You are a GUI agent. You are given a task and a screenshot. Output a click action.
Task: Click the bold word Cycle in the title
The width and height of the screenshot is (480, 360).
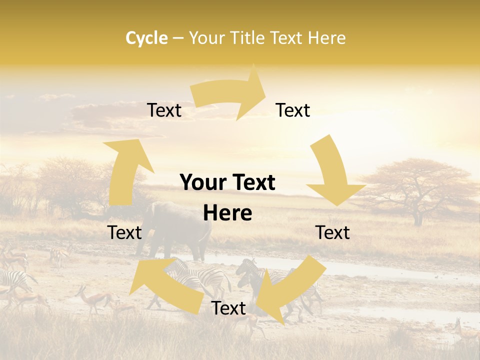(x=146, y=38)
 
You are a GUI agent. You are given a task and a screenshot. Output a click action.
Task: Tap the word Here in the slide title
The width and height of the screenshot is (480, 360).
(x=326, y=38)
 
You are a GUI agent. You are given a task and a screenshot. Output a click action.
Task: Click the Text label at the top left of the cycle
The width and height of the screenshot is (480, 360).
(x=164, y=110)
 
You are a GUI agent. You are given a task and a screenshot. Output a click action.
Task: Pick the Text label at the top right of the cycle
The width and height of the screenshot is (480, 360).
(x=293, y=110)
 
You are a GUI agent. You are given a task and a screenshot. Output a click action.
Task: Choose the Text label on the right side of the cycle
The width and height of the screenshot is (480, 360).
(x=332, y=232)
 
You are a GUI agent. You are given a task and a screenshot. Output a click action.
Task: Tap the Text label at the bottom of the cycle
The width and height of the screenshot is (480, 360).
(x=228, y=308)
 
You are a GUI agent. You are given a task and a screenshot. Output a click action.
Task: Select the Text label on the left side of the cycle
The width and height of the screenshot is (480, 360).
(x=124, y=232)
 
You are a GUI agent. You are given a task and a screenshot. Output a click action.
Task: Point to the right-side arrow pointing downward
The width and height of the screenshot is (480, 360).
(x=333, y=175)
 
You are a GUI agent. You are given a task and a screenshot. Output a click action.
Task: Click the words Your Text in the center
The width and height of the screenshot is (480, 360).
(x=227, y=183)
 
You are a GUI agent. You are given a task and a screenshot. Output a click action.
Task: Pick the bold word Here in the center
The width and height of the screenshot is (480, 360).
(x=227, y=213)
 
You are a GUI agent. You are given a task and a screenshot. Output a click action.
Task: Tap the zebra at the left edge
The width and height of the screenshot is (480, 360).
(x=12, y=280)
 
